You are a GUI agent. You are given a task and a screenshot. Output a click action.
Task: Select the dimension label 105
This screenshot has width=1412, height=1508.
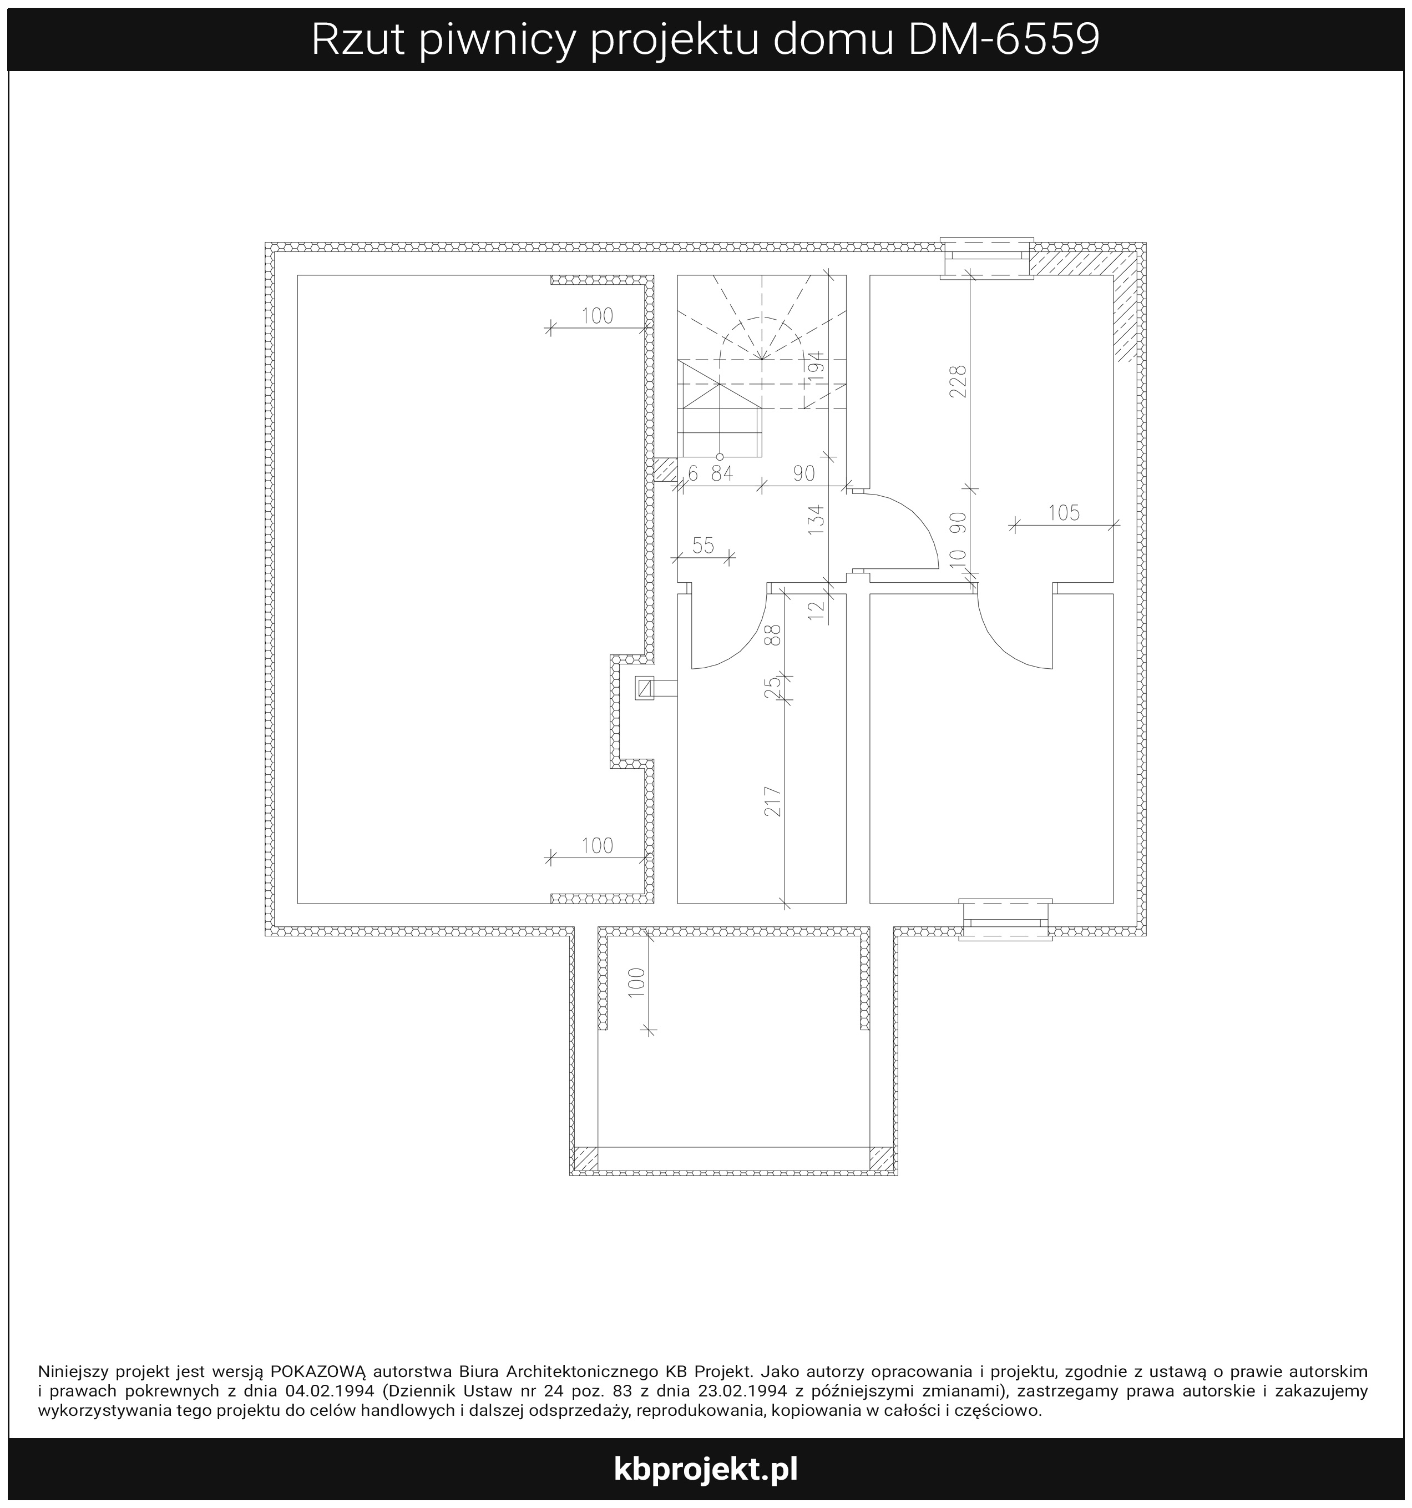coord(1064,513)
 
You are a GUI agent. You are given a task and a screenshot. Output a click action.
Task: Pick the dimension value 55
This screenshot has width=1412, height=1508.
coord(703,546)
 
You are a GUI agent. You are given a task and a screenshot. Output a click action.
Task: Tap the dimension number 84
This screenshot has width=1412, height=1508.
coord(722,473)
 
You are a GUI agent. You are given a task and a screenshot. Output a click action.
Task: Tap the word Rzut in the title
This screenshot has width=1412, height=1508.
coord(357,39)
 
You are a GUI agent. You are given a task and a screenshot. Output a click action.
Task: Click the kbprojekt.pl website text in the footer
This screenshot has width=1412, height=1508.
coord(706,1469)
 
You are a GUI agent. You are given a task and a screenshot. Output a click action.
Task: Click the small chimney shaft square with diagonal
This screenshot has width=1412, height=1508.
coord(645,688)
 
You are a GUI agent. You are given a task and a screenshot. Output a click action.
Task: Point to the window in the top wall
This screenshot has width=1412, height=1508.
coord(986,258)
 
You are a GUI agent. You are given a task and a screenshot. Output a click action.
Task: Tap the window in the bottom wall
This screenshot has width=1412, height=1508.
coord(1005,919)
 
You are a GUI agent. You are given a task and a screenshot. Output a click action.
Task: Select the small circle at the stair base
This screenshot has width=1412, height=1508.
coord(720,457)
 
